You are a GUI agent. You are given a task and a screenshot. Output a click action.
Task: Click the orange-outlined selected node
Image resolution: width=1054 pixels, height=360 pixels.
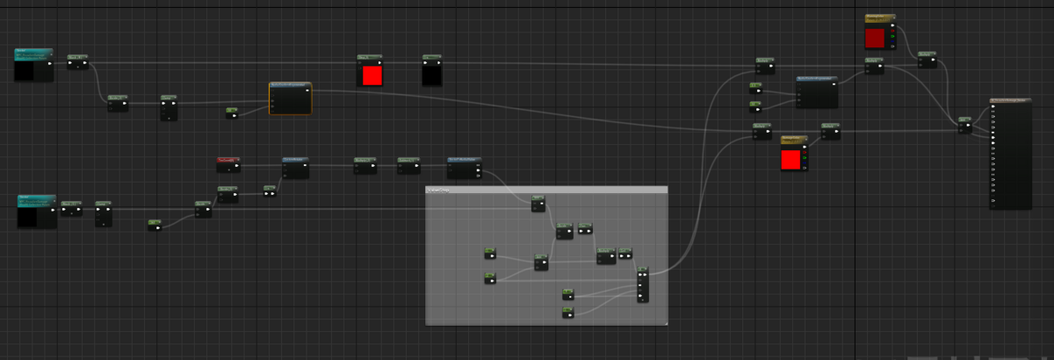pos(290,98)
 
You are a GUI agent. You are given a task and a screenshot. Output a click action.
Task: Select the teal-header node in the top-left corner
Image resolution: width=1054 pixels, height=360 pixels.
pos(33,65)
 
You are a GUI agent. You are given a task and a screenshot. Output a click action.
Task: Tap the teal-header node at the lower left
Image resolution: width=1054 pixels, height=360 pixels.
pos(37,212)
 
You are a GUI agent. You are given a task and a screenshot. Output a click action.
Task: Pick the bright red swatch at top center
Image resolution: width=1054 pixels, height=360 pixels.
pos(372,76)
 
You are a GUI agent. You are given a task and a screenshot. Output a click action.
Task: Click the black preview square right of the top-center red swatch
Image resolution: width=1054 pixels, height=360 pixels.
pos(431,75)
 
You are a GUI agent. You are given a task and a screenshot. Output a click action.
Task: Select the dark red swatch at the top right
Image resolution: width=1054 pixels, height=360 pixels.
pos(875,38)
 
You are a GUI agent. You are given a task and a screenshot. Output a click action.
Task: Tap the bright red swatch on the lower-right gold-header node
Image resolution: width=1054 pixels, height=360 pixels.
pos(790,159)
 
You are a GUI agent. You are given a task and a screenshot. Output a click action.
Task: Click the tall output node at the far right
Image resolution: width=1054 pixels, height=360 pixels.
pos(1010,154)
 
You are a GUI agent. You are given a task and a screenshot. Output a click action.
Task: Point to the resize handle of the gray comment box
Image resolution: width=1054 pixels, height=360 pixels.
pos(665,322)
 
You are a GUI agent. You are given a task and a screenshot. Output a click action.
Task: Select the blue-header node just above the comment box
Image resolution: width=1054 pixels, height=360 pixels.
pos(465,167)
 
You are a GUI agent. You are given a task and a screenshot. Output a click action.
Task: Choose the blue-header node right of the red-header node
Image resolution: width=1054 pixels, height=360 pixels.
pos(295,168)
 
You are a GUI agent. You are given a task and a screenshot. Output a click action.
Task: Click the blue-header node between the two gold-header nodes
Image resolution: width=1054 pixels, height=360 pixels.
pos(817,91)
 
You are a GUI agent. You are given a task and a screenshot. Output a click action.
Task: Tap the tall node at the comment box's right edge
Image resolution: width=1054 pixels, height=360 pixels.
pos(643,284)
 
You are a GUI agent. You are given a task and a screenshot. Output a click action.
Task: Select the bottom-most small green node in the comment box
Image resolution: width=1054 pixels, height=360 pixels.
pos(568,312)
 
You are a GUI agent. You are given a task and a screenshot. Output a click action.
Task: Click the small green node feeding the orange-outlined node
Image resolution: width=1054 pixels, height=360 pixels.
pos(232,112)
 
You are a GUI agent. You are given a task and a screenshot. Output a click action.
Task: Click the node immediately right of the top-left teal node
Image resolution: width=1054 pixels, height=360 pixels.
pos(78,61)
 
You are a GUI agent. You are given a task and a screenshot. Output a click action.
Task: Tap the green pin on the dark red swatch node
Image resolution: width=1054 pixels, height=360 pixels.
pos(892,37)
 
